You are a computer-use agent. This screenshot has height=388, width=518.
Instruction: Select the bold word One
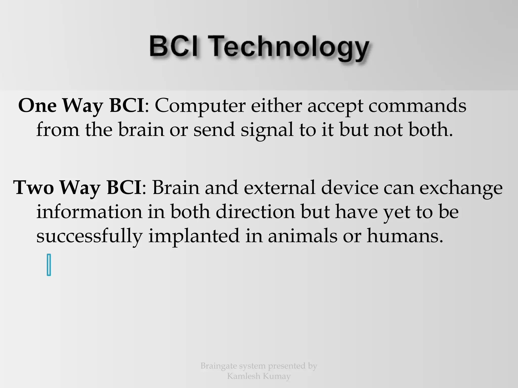[37, 106]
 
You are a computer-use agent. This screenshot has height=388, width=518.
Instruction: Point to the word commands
[417, 106]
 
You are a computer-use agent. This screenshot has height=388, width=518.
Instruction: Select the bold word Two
[33, 188]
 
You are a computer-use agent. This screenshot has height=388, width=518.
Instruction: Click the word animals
[303, 236]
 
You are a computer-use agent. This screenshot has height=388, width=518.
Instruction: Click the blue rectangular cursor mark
[49, 265]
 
